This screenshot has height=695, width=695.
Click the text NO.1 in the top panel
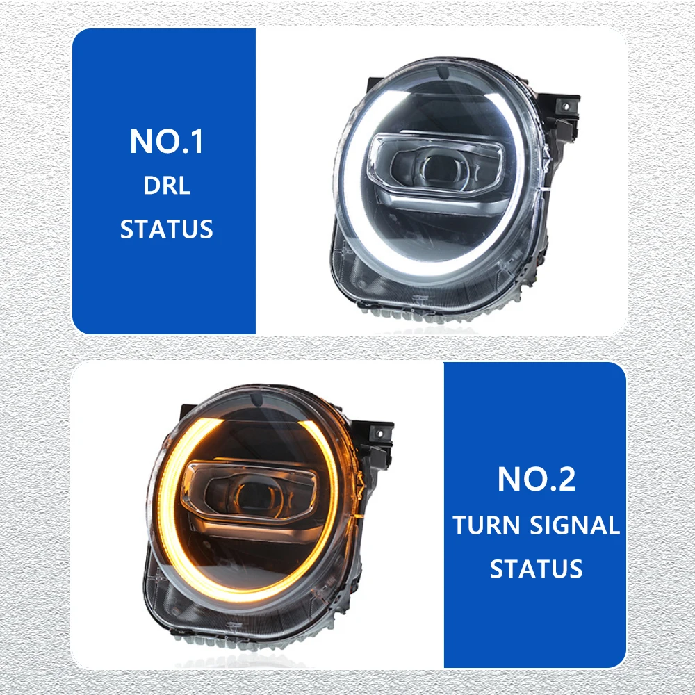click(x=167, y=141)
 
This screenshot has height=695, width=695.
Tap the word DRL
click(x=167, y=186)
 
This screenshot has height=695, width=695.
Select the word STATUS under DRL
click(x=167, y=229)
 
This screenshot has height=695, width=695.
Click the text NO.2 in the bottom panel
click(x=537, y=479)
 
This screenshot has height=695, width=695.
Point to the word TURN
click(x=486, y=525)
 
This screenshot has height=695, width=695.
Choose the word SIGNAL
click(x=575, y=525)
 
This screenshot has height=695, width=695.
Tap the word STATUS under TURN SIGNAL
click(x=537, y=569)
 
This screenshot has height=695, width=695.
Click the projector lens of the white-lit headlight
click(x=439, y=168)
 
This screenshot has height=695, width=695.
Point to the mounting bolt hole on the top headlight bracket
click(x=566, y=107)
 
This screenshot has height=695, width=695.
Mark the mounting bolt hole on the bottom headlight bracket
click(x=379, y=433)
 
